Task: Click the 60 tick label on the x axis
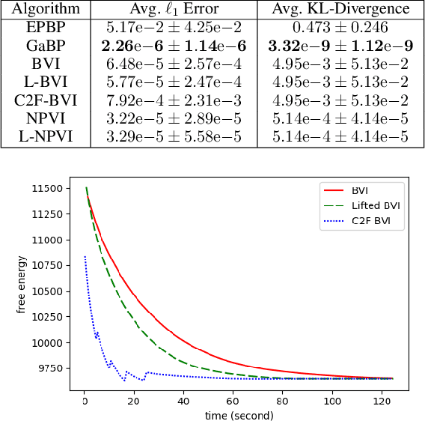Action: click(x=233, y=402)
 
